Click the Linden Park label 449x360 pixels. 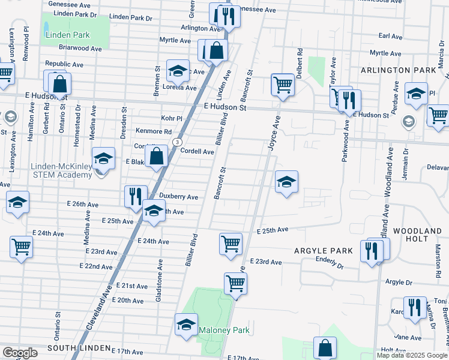[x=67, y=35]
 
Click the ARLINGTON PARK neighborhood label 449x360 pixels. [x=398, y=70]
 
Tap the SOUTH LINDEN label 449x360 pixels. [x=79, y=348]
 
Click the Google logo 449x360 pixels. [x=20, y=353]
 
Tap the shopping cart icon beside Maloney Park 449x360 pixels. [x=235, y=283]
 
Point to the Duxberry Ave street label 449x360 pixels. [x=178, y=196]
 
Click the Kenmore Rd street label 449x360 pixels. [x=153, y=131]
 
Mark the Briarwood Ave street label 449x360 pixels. [x=66, y=47]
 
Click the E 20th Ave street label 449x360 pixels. [x=130, y=299]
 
